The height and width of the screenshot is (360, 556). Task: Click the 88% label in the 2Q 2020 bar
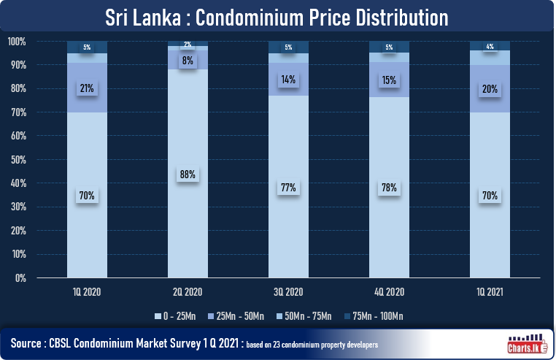188,175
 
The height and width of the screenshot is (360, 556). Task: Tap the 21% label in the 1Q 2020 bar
87,88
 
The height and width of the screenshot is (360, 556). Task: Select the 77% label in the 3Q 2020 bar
288,188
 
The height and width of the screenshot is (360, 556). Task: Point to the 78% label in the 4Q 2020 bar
389,187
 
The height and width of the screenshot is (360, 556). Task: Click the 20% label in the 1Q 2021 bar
490,90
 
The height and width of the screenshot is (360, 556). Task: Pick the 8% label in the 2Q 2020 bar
188,61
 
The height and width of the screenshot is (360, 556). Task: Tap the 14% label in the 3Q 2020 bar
288,80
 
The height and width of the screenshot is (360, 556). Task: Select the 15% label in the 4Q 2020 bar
389,80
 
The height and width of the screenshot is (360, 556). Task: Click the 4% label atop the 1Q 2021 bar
490,46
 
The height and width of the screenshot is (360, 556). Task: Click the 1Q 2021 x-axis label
490,291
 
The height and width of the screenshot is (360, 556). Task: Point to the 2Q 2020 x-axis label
188,291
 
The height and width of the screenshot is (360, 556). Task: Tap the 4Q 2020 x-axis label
389,291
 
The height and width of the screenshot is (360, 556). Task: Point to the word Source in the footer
29,342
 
